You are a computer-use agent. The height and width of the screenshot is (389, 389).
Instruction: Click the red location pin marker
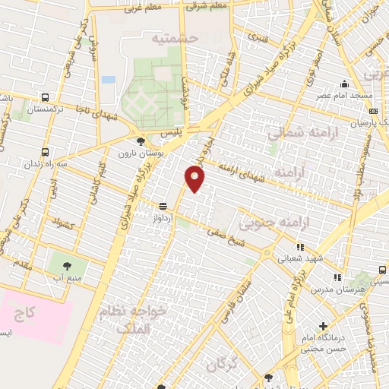point(195,179)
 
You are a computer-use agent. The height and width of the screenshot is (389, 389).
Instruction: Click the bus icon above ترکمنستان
point(46,97)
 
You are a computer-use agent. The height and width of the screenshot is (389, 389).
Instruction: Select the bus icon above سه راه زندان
point(46,151)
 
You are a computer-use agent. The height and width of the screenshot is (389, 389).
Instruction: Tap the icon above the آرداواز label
point(163,206)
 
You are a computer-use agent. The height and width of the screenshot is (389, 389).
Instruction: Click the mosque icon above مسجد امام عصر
point(344,84)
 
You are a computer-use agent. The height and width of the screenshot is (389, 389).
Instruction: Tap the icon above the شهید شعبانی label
point(301,247)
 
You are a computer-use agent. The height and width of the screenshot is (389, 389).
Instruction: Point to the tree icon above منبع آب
point(66,265)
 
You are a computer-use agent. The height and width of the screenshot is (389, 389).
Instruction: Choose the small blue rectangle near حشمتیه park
point(109,79)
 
